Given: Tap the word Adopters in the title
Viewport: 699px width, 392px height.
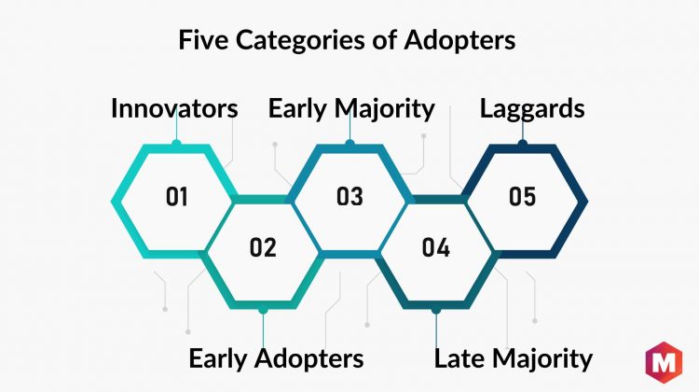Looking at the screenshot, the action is pyautogui.click(x=459, y=41).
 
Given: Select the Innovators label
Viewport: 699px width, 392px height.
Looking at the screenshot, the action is pyautogui.click(x=174, y=108).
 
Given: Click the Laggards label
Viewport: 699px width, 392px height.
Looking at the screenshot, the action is pyautogui.click(x=532, y=109).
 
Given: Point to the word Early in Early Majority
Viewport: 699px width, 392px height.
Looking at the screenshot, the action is pyautogui.click(x=297, y=109).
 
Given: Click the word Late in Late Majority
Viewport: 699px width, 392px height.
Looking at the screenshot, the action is pyautogui.click(x=460, y=358).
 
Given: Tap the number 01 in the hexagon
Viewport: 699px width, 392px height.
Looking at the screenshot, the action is pyautogui.click(x=176, y=196).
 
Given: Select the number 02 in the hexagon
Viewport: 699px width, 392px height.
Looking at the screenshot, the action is pyautogui.click(x=263, y=247).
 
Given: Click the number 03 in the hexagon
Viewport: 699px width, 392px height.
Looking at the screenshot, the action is pyautogui.click(x=349, y=196).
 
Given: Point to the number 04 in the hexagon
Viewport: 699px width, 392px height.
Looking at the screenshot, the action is pyautogui.click(x=435, y=247).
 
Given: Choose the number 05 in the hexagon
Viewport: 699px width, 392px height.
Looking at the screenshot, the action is pyautogui.click(x=522, y=196).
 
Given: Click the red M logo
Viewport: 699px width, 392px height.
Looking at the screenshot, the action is pyautogui.click(x=664, y=362).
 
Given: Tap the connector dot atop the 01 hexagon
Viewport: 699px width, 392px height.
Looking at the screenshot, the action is pyautogui.click(x=176, y=144).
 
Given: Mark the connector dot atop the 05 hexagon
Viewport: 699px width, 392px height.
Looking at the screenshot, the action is pyautogui.click(x=523, y=144).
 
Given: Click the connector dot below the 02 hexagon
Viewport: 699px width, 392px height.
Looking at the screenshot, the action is pyautogui.click(x=263, y=310).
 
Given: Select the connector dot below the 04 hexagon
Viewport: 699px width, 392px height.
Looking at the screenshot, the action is pyautogui.click(x=436, y=310).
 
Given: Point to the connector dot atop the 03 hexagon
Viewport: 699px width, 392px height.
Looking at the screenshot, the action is pyautogui.click(x=349, y=144).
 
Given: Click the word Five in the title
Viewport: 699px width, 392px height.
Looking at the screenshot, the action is pyautogui.click(x=204, y=39).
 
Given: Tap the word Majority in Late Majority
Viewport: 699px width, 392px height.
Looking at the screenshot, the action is pyautogui.click(x=542, y=359).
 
